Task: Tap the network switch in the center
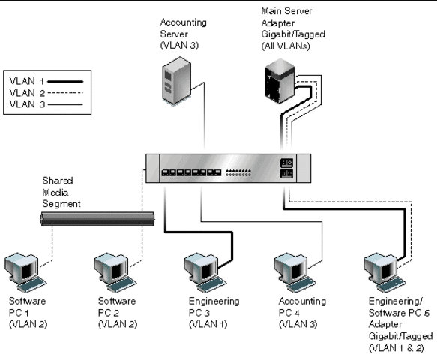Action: (x=226, y=167)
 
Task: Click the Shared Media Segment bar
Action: (x=97, y=218)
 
